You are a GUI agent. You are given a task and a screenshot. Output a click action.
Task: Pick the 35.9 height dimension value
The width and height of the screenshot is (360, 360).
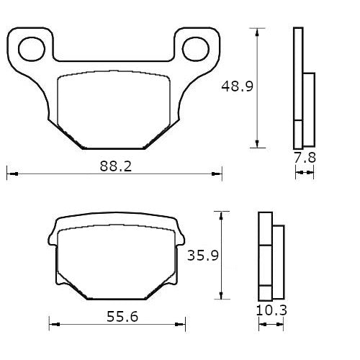(x=202, y=256)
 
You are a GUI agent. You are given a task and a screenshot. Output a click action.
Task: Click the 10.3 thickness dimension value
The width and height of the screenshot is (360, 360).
(x=271, y=312)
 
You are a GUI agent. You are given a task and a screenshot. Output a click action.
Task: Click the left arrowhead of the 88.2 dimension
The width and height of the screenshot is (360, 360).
(x=10, y=173)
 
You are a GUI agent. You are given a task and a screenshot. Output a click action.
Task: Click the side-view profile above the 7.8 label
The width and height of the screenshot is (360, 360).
(x=303, y=86)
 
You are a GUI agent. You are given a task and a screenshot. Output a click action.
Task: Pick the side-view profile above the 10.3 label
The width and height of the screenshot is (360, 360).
(x=270, y=256)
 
